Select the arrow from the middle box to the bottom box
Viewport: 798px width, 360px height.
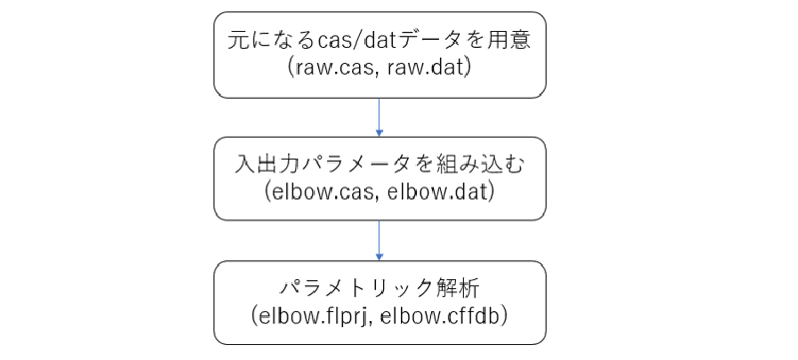pos(379,239)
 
